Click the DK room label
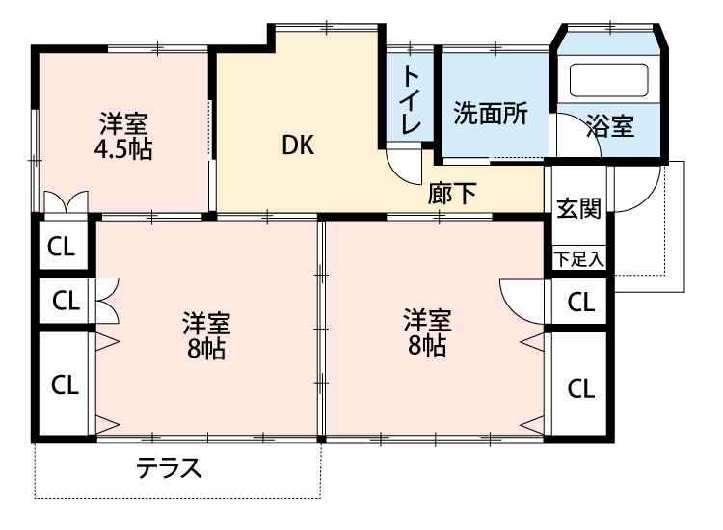pyautogui.click(x=299, y=146)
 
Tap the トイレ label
pyautogui.click(x=411, y=100)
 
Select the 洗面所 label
pyautogui.click(x=491, y=114)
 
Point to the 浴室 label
pyautogui.click(x=610, y=125)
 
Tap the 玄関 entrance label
pyautogui.click(x=578, y=208)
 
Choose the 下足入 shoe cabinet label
pyautogui.click(x=578, y=258)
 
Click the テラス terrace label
pyautogui.click(x=169, y=468)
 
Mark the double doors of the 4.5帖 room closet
pyautogui.click(x=66, y=203)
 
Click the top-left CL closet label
pyautogui.click(x=62, y=246)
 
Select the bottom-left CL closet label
pyautogui.click(x=65, y=385)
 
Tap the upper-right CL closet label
pyautogui.click(x=580, y=303)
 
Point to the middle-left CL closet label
pyautogui.click(x=65, y=301)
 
